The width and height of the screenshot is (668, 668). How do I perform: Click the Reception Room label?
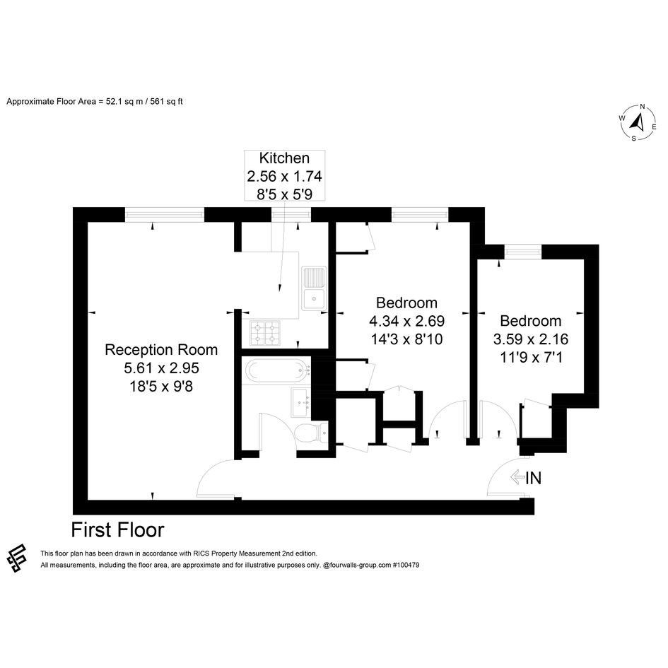pyautogui.click(x=161, y=350)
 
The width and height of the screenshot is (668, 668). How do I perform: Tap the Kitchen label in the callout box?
pyautogui.click(x=284, y=158)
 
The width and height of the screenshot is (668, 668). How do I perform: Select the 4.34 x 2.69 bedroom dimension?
pyautogui.click(x=407, y=321)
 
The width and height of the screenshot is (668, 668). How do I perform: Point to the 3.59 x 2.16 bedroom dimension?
pyautogui.click(x=531, y=339)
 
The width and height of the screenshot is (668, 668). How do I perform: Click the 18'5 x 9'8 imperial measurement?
pyautogui.click(x=161, y=387)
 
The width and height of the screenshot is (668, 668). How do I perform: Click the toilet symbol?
pyautogui.click(x=310, y=433)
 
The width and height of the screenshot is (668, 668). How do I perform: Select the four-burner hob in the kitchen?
pyautogui.click(x=265, y=333)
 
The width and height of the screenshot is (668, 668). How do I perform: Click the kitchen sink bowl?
pyautogui.click(x=314, y=299)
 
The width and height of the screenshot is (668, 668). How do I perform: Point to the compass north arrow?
pyautogui.click(x=638, y=122)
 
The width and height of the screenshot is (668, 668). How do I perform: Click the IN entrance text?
pyautogui.click(x=533, y=478)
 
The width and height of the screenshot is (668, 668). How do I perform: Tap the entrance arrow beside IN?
pyautogui.click(x=517, y=477)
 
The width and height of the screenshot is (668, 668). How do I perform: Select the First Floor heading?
pyautogui.click(x=117, y=530)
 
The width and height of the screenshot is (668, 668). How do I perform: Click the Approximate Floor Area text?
pyautogui.click(x=95, y=101)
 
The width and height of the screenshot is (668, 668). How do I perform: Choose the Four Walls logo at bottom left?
pyautogui.click(x=17, y=558)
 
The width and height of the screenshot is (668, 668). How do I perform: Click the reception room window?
pyautogui.click(x=165, y=214)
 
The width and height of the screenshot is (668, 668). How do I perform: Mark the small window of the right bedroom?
pyautogui.click(x=523, y=252)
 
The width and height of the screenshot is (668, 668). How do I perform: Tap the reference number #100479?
pyautogui.click(x=406, y=565)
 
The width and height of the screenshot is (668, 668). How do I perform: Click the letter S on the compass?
pyautogui.click(x=633, y=139)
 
